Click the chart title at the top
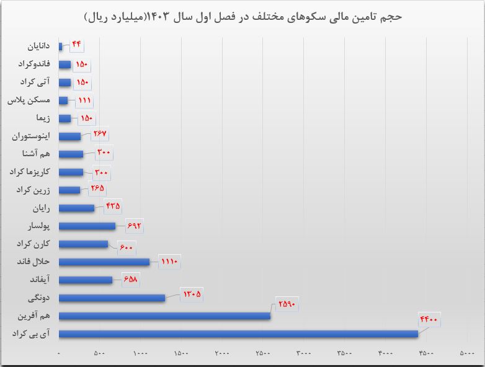[x=242, y=17]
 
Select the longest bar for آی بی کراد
[x=238, y=334]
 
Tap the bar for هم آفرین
[x=164, y=316]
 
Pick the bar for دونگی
[x=112, y=298]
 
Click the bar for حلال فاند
[x=104, y=262]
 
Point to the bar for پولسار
[x=87, y=226]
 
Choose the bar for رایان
[x=76, y=208]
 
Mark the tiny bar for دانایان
[x=60, y=46]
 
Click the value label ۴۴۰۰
[x=429, y=320]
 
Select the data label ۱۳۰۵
[x=192, y=293]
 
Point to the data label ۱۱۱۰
[x=169, y=262]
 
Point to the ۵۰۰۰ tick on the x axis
[x=466, y=354]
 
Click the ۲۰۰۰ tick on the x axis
[x=221, y=354]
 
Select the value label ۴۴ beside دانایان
[x=76, y=45]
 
